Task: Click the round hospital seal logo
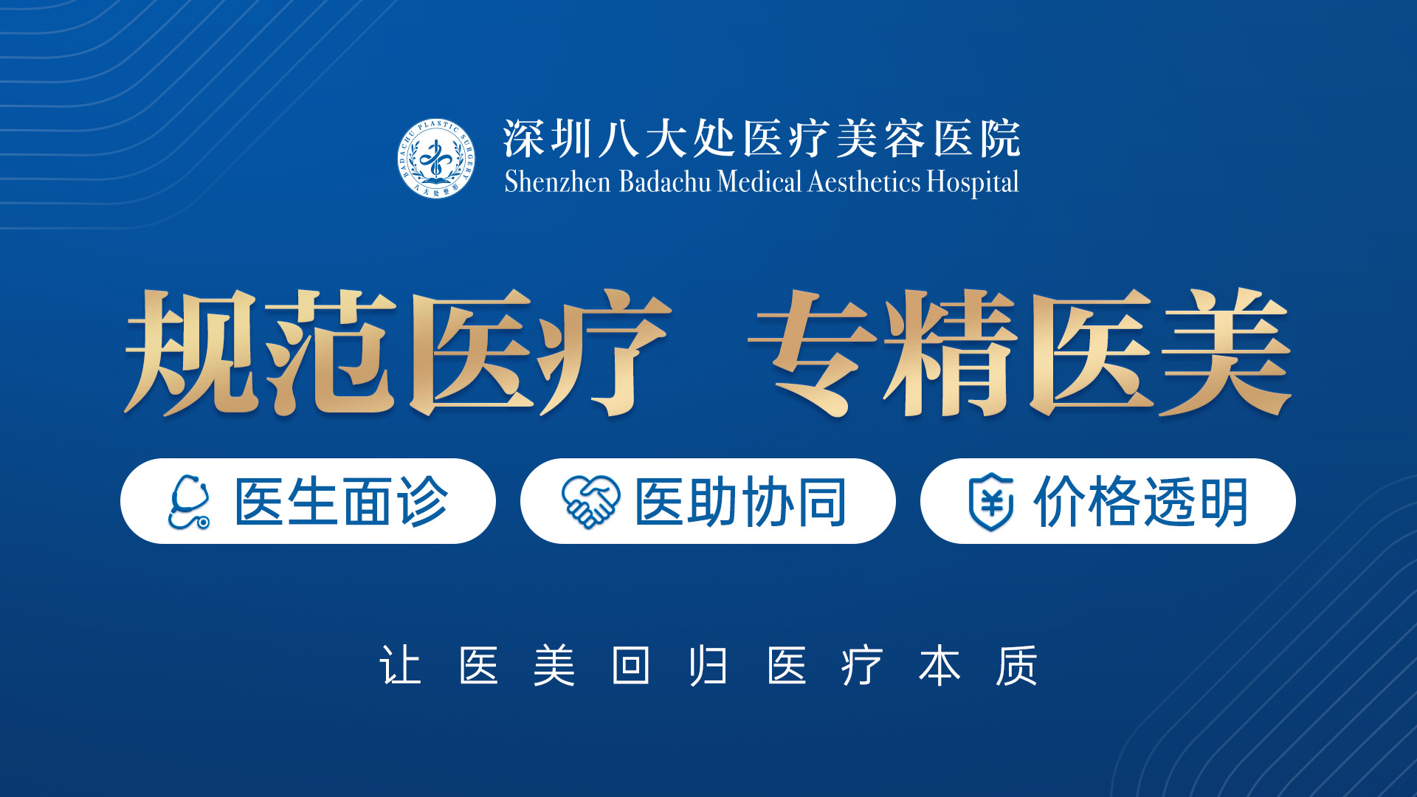pyautogui.click(x=436, y=159)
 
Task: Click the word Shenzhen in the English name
pyautogui.click(x=557, y=182)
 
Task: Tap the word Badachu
pyautogui.click(x=664, y=182)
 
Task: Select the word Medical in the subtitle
pyautogui.click(x=759, y=182)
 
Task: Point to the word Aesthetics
pyautogui.click(x=864, y=182)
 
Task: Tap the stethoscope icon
pyautogui.click(x=189, y=502)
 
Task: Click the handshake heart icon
pyautogui.click(x=590, y=502)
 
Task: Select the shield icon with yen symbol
pyautogui.click(x=990, y=502)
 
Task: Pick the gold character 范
pyautogui.click(x=330, y=352)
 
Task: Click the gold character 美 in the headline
pyautogui.click(x=1226, y=352)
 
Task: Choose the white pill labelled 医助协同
pyautogui.click(x=708, y=501)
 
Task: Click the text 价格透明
pyautogui.click(x=1141, y=502)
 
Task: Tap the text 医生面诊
pyautogui.click(x=341, y=502)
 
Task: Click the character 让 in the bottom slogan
pyautogui.click(x=401, y=666)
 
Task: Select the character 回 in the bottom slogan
pyautogui.click(x=631, y=666)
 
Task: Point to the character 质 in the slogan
pyautogui.click(x=1016, y=666)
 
